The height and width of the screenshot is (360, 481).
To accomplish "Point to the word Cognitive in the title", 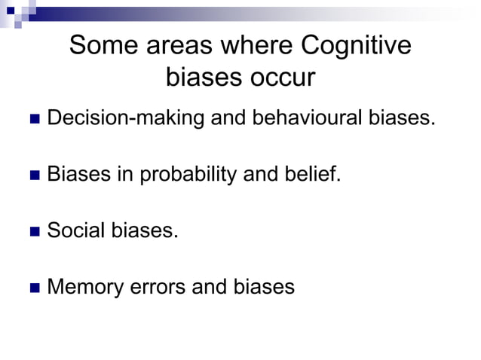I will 356,47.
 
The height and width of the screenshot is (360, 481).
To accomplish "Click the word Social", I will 76,230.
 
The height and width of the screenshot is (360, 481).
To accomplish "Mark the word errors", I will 159,286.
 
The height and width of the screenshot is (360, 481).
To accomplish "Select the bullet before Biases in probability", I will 33,176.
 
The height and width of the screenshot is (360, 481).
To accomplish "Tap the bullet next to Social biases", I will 33,231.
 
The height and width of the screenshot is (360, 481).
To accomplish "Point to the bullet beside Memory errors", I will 33,287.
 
